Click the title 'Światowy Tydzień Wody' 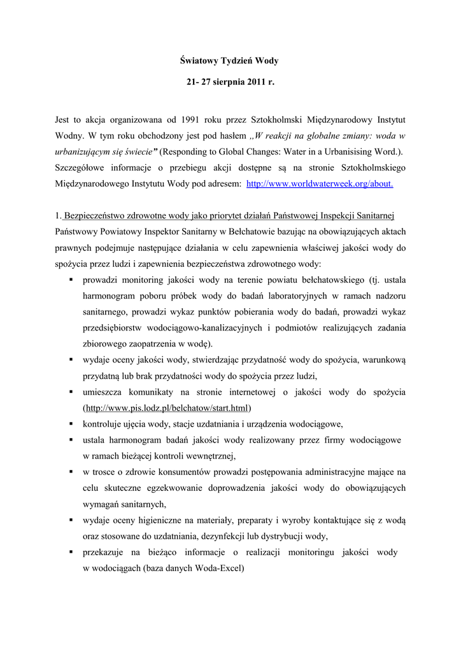(x=230, y=60)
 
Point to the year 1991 (x=194, y=119)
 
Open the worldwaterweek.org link (x=319, y=184)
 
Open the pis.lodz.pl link (x=167, y=408)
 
